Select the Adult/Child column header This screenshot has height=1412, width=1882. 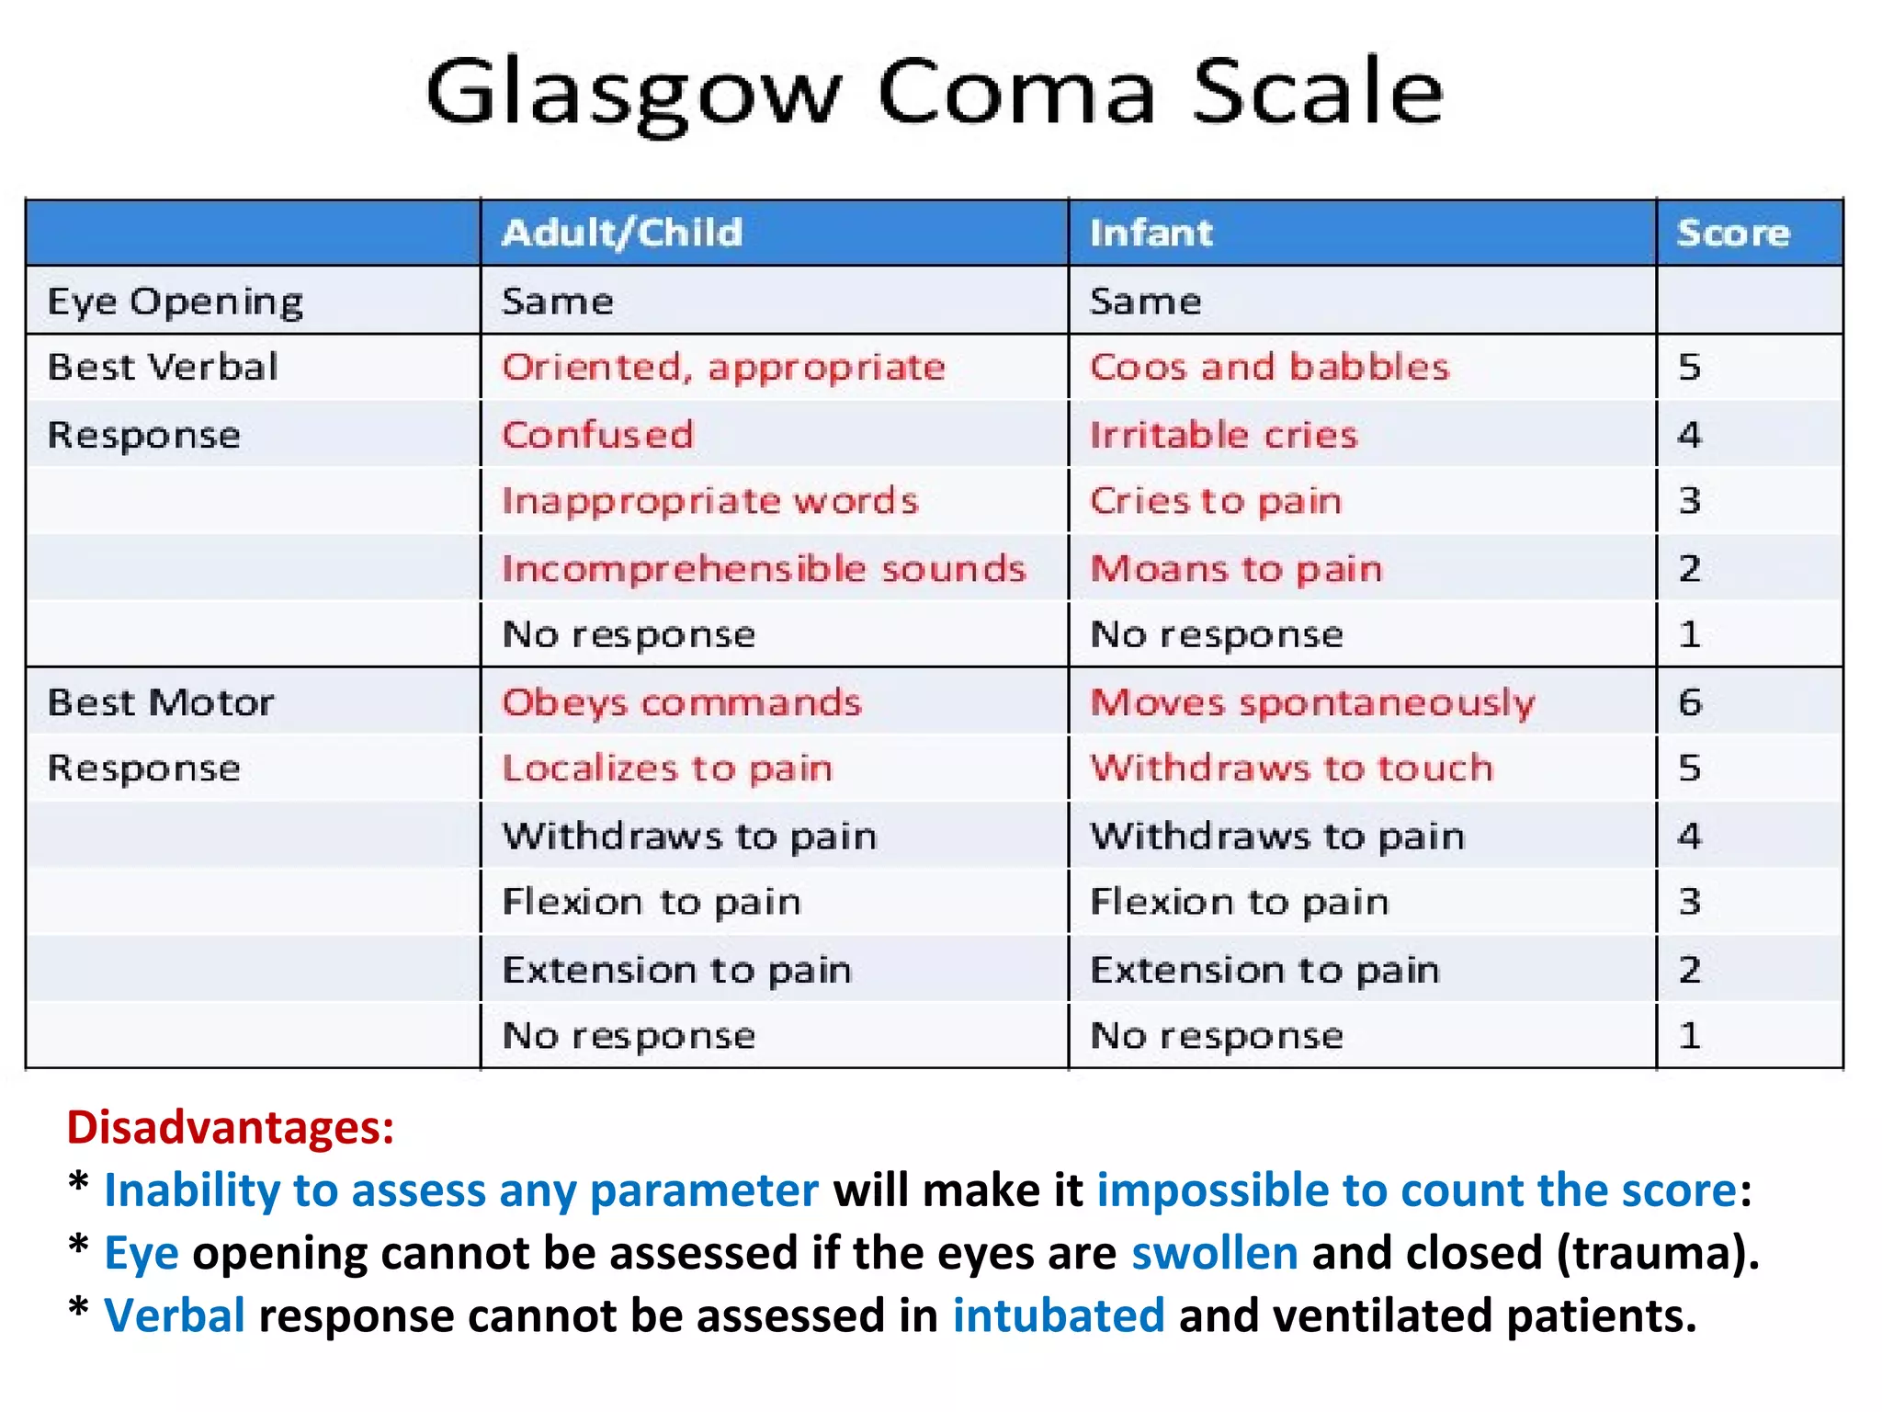pos(622,233)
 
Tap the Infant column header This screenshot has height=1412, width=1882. pos(1151,233)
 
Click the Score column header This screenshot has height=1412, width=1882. pos(1733,233)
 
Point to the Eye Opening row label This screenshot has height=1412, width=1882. pos(175,302)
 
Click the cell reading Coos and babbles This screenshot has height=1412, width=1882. pos(1269,368)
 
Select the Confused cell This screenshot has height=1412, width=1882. pos(597,435)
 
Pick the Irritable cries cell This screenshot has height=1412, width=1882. pos(1223,435)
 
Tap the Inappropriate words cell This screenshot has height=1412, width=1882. pos(709,502)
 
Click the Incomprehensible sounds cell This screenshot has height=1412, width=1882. pos(763,569)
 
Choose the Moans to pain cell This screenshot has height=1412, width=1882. pos(1236,569)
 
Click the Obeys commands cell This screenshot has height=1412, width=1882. pos(681,703)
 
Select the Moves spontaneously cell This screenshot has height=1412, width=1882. pos(1312,703)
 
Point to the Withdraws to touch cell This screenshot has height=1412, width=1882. pos(1291,769)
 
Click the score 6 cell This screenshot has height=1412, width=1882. pos(1690,703)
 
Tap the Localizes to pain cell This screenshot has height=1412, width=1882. pos(667,769)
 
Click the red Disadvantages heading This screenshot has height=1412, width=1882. pos(230,1127)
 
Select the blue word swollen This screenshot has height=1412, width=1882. pos(1214,1253)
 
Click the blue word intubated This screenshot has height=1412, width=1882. pos(1059,1315)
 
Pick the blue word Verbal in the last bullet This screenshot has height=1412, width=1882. pos(175,1315)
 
